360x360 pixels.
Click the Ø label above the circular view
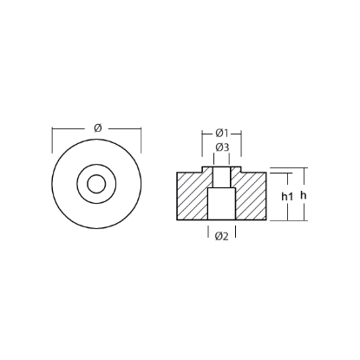[x=97, y=128]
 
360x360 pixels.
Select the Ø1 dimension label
[x=222, y=133]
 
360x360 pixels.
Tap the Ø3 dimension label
[x=222, y=147]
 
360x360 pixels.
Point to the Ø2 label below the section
[x=223, y=236]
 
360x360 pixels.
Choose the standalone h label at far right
[x=303, y=196]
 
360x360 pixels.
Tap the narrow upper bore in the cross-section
[x=222, y=178]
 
